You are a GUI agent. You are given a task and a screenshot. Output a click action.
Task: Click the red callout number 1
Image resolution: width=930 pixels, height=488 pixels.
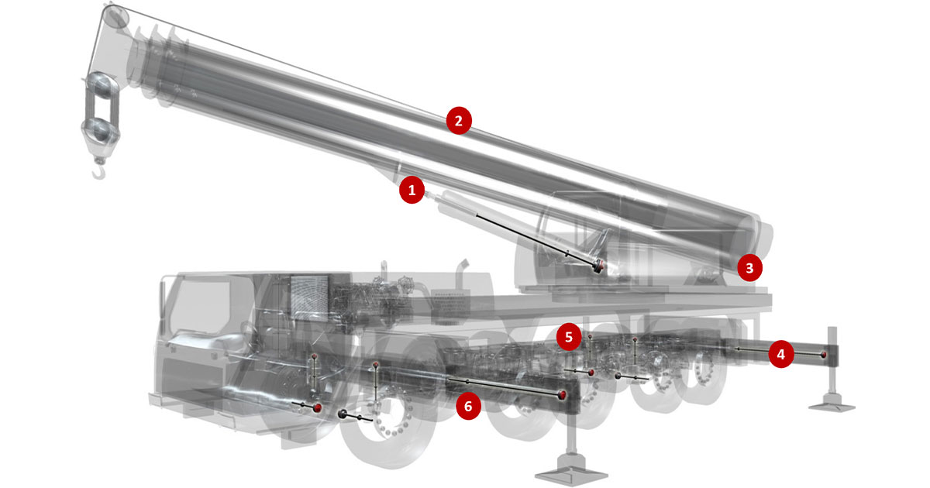click(x=412, y=191)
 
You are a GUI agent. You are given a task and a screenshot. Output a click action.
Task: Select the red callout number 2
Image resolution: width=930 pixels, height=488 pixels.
click(x=459, y=121)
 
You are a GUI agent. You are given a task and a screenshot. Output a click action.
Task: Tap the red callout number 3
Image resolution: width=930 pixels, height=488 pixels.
click(x=750, y=268)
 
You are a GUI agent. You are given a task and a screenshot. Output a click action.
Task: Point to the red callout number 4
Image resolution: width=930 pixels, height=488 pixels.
click(x=781, y=355)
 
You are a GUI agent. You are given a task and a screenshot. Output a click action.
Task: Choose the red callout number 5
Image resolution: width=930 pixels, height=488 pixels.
click(x=569, y=337)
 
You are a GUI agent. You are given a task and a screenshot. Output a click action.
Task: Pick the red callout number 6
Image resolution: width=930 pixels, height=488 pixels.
click(x=468, y=406)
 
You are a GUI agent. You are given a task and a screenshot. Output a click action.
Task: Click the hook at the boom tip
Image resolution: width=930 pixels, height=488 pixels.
click(x=100, y=171)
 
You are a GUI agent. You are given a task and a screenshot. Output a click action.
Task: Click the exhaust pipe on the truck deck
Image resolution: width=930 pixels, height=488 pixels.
click(x=461, y=275)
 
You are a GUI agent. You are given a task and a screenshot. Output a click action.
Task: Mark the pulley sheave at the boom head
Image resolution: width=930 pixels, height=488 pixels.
click(x=115, y=17)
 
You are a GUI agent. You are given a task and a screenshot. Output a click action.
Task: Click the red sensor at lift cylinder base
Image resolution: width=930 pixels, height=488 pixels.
click(x=599, y=266)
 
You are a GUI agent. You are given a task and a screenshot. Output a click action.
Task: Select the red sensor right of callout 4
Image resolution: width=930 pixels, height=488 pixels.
click(x=824, y=355)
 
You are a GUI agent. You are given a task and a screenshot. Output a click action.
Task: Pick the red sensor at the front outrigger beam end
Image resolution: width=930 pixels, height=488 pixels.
click(x=562, y=394)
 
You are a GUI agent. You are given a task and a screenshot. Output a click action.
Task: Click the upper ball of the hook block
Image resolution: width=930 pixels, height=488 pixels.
click(x=100, y=85)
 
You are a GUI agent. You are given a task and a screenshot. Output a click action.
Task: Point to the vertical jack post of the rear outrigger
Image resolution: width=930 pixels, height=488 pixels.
click(x=832, y=361)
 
